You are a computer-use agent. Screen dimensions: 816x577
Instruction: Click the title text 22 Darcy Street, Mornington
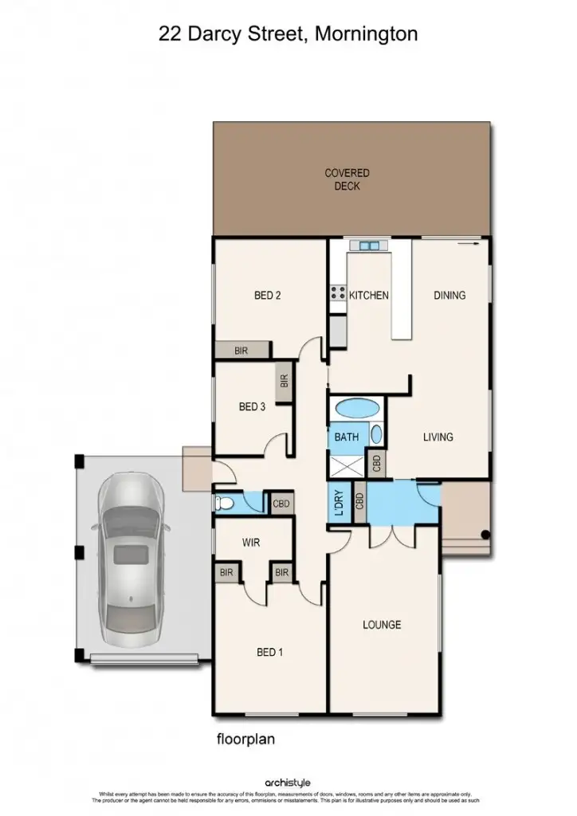[288, 33]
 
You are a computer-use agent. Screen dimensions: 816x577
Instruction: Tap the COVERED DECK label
[347, 179]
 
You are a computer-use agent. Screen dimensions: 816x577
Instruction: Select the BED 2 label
[267, 296]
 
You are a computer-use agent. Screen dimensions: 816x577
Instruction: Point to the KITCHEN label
[369, 296]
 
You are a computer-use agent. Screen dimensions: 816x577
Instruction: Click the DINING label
[449, 296]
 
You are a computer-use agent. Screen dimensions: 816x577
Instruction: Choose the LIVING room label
[438, 437]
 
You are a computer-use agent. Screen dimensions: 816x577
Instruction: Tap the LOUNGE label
[382, 625]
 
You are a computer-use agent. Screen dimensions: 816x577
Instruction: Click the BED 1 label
[269, 653]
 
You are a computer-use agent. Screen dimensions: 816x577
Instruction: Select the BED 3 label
[252, 406]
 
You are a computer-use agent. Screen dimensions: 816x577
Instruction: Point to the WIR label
[252, 543]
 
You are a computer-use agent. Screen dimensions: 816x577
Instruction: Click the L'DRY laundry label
[336, 502]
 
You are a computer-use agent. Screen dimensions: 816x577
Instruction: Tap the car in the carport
[129, 558]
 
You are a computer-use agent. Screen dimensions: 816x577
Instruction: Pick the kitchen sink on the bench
[370, 245]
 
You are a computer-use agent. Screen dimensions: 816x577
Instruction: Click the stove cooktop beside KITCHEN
[337, 292]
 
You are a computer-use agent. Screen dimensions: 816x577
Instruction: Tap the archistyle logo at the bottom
[288, 783]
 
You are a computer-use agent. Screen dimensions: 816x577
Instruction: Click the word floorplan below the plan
[245, 739]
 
